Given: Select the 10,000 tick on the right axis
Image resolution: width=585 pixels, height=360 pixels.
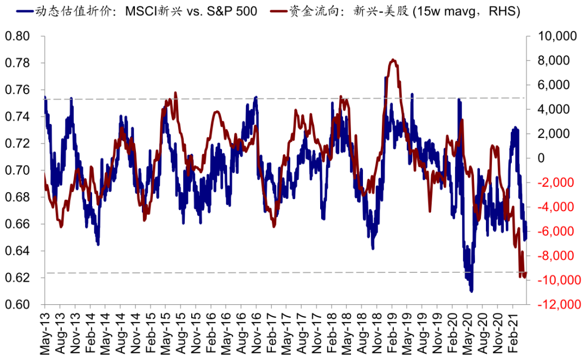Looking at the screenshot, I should [x=554, y=36].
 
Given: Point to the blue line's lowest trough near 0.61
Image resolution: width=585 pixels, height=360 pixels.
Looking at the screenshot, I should [x=471, y=291].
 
